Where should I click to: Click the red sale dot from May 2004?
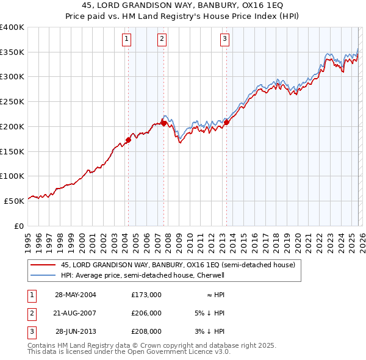(x=128, y=140)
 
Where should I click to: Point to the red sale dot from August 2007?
(x=163, y=123)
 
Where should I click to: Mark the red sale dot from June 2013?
(x=226, y=122)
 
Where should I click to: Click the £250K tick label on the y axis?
(x=12, y=102)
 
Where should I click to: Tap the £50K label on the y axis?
(x=14, y=201)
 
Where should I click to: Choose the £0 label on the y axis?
(x=18, y=226)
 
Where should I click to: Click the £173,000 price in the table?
(x=146, y=295)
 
